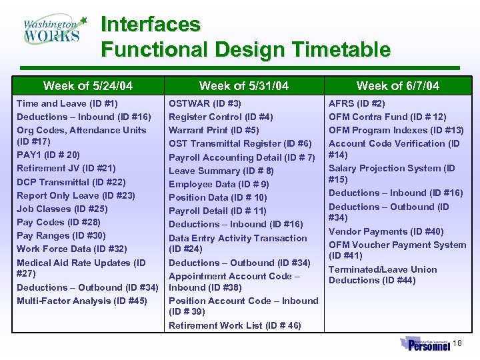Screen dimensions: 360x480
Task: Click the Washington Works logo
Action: [53, 29]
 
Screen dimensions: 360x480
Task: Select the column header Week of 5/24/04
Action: [87, 85]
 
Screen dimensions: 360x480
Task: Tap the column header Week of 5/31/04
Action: [244, 85]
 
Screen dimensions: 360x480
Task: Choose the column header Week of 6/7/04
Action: [398, 85]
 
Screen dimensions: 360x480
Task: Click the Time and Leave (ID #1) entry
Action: [67, 103]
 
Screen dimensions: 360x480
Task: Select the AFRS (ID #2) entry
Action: [357, 103]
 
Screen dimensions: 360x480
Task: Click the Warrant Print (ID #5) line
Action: [214, 130]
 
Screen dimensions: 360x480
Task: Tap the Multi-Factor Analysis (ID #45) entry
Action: [82, 301]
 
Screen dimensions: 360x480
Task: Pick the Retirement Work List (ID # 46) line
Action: [235, 325]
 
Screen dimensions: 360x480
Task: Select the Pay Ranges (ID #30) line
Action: [61, 235]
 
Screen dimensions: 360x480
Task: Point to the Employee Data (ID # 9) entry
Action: [219, 184]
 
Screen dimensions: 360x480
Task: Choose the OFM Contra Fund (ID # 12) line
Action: [387, 117]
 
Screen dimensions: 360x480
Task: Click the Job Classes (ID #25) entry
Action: [62, 209]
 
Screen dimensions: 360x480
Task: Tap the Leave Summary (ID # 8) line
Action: [221, 171]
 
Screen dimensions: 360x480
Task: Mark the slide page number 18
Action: [457, 343]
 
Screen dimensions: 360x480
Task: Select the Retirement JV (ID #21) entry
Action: [66, 168]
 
